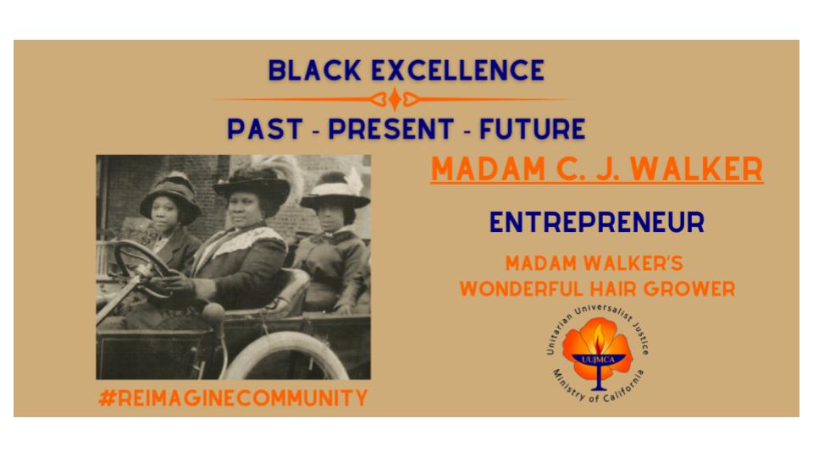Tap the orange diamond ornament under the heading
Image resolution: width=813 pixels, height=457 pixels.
click(395, 98)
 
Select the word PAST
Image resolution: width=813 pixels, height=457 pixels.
click(265, 129)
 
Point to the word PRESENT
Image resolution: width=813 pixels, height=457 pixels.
click(391, 129)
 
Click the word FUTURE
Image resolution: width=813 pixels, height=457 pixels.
click(533, 129)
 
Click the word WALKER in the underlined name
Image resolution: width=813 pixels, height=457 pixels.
click(697, 168)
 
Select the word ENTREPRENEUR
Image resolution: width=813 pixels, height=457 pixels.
click(597, 223)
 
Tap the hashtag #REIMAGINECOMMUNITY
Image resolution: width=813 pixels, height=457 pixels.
click(233, 398)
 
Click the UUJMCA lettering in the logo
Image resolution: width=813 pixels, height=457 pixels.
click(599, 359)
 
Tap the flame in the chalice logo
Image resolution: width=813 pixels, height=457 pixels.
click(599, 339)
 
